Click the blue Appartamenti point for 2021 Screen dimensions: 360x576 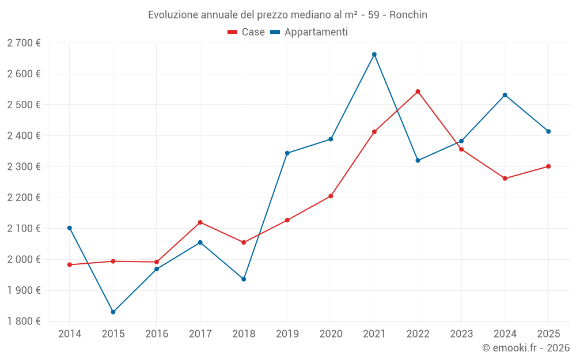point(374,55)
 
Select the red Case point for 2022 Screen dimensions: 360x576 point(418,92)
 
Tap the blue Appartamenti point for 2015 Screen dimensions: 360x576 point(113,312)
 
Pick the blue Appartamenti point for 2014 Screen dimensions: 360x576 point(70,228)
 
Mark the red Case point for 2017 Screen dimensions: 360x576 point(200,222)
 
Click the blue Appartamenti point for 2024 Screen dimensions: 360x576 point(505,95)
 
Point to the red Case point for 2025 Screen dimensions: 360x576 point(548,166)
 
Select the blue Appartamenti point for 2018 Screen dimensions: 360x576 point(244,279)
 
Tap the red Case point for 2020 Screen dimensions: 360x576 point(331,196)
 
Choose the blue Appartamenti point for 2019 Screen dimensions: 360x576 point(287,153)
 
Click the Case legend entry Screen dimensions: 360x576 point(247,32)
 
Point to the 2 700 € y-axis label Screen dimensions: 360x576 point(24,43)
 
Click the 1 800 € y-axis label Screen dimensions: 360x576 point(24,321)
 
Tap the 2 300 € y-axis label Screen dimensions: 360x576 point(24,166)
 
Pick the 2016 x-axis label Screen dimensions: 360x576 point(157,334)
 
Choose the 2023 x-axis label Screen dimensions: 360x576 point(461,334)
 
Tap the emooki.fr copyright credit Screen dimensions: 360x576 point(526,348)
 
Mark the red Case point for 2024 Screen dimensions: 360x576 point(505,179)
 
